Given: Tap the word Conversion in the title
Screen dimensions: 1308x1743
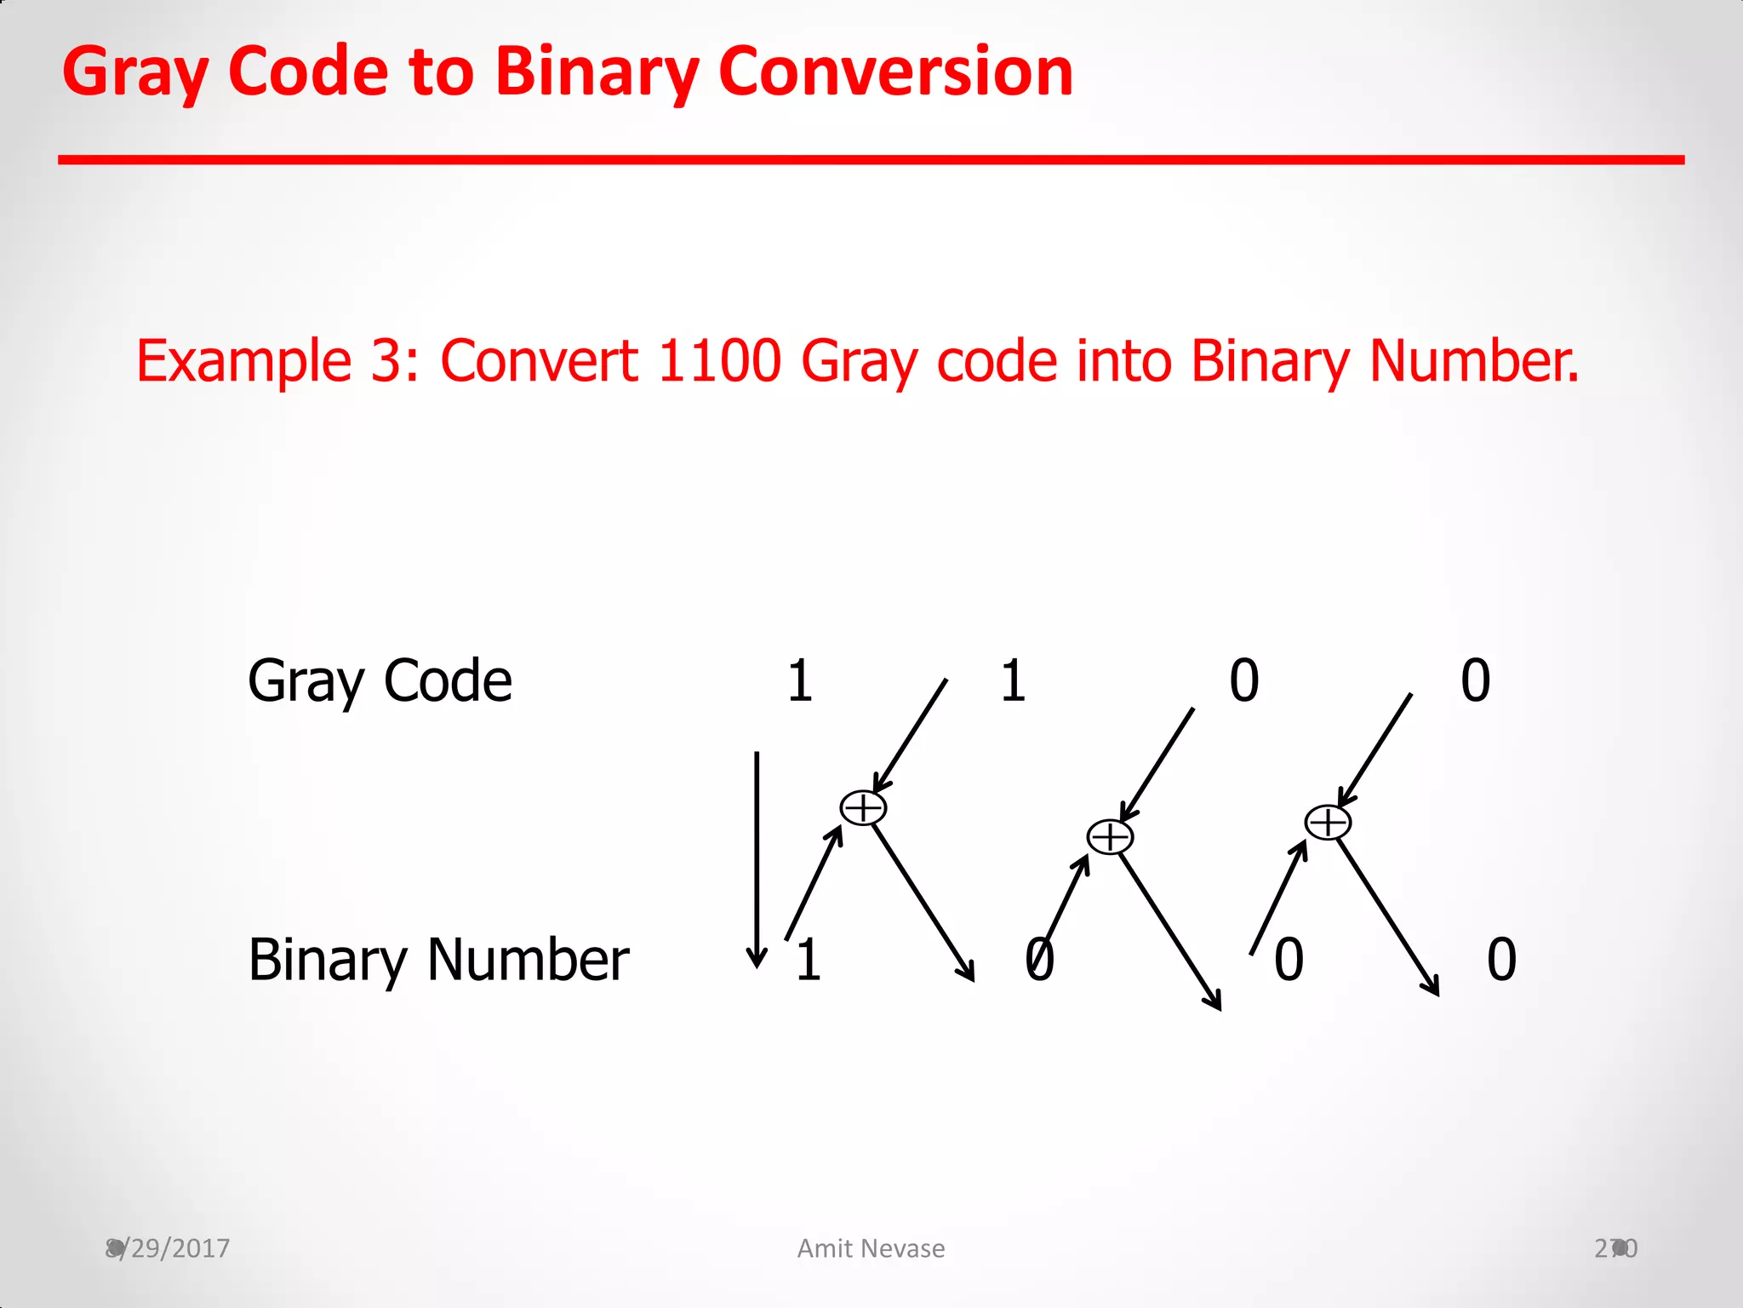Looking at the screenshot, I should click(895, 72).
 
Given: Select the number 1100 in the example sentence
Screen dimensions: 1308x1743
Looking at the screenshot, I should click(719, 360).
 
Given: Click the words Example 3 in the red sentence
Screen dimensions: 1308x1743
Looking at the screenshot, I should click(277, 362).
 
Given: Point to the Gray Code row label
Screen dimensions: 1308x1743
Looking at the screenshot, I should click(380, 681).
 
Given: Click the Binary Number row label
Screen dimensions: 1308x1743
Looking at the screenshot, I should click(438, 961).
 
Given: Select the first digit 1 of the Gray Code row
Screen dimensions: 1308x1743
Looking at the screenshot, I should click(799, 681).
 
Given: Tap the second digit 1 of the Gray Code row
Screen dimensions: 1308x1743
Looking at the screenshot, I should click(1013, 681).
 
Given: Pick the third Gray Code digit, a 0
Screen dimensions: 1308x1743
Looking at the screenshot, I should click(1244, 681).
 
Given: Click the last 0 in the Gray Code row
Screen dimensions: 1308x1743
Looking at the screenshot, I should click(1476, 681).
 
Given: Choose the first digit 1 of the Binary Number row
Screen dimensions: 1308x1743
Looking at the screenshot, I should click(809, 960).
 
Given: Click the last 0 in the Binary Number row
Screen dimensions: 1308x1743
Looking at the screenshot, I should click(1502, 960).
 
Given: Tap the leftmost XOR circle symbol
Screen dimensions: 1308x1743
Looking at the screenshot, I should click(863, 808).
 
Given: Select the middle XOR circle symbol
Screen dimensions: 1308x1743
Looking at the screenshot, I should click(1110, 837).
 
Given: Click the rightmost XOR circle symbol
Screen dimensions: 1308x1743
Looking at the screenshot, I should click(1328, 823).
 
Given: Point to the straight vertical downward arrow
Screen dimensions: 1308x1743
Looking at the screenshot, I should click(757, 860).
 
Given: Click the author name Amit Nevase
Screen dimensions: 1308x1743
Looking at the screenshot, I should click(871, 1248).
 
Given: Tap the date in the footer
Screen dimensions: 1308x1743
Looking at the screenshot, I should click(168, 1248).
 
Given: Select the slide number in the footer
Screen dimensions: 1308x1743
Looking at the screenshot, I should click(1615, 1248).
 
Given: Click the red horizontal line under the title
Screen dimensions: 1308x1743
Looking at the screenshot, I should click(871, 159).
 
